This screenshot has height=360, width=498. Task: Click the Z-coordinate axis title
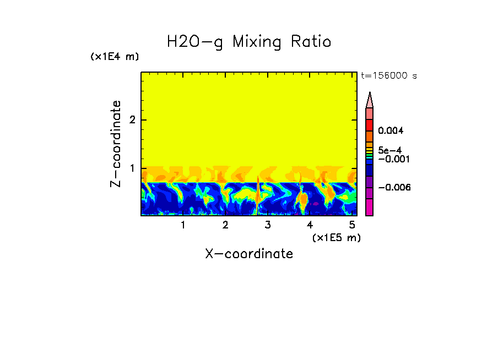[116, 144]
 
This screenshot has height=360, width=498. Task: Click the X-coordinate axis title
[249, 254]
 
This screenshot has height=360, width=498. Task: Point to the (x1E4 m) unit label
[115, 57]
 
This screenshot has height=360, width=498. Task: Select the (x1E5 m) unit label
[336, 237]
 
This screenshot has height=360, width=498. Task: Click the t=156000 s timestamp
[388, 75]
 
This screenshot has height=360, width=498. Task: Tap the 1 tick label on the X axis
[183, 225]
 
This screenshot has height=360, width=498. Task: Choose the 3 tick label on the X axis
[268, 225]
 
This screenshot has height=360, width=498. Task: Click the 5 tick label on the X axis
[352, 225]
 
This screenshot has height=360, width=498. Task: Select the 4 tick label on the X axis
[310, 225]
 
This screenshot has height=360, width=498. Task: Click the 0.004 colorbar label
[391, 131]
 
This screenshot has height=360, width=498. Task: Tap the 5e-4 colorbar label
[389, 150]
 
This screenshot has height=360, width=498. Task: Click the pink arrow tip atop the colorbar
[370, 100]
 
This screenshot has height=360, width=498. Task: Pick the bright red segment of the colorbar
[370, 124]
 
